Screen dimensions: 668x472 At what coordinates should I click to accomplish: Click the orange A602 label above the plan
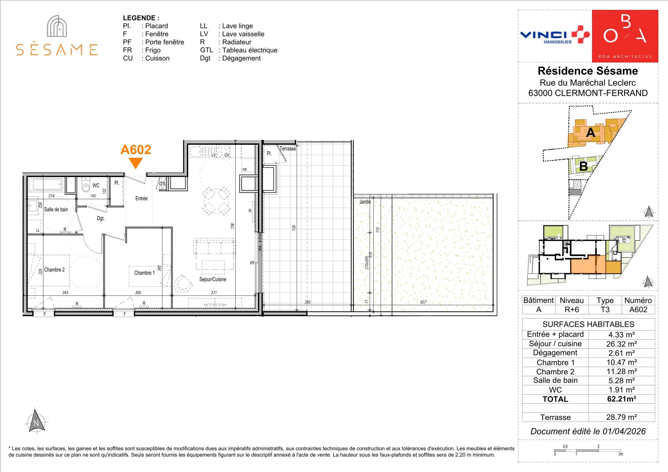click(x=136, y=150)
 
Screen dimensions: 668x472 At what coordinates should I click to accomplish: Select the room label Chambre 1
click(x=144, y=273)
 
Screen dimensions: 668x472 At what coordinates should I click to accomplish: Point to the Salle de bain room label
click(x=56, y=209)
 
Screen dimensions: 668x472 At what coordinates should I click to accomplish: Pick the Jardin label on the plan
click(x=365, y=202)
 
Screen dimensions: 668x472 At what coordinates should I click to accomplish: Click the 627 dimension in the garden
click(x=423, y=302)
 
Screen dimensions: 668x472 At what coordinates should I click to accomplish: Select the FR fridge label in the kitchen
click(x=244, y=170)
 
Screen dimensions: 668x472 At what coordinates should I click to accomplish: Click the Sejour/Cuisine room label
click(x=213, y=279)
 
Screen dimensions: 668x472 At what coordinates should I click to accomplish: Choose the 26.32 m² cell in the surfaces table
click(x=621, y=344)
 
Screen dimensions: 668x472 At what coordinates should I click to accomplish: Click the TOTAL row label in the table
click(x=555, y=399)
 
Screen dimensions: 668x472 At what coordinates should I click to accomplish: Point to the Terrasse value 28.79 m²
click(x=621, y=417)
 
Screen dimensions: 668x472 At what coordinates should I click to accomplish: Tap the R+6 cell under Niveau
click(x=572, y=309)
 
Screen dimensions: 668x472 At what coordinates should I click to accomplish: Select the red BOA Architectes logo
click(x=625, y=36)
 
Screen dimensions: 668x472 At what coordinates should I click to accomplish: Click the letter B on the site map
click(x=583, y=166)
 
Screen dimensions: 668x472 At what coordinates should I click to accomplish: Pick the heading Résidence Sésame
click(x=588, y=71)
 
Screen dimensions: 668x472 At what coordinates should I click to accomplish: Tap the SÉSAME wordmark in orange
click(x=57, y=50)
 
